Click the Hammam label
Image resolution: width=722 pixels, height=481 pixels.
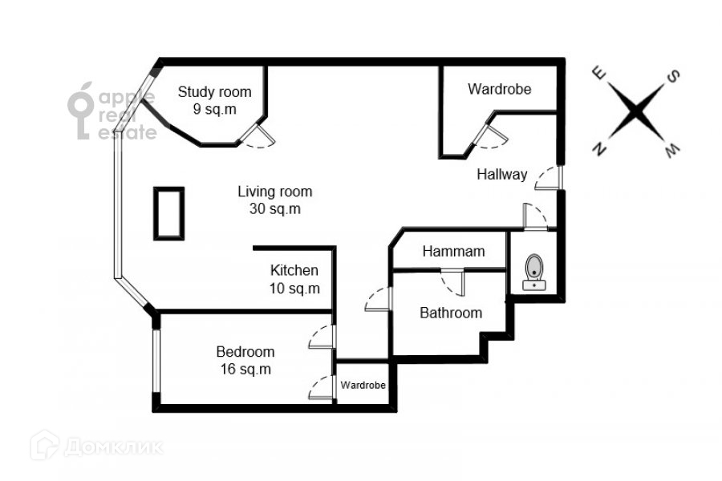coord(453,252)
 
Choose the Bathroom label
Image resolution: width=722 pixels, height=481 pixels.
coord(451,313)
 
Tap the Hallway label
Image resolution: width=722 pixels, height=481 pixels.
coord(501,174)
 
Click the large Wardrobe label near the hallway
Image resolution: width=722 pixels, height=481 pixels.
coord(500,89)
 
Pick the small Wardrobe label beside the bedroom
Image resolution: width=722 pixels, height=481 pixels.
coord(363,386)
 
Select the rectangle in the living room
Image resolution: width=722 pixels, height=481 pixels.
coord(169,212)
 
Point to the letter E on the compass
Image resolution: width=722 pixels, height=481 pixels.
coord(598,73)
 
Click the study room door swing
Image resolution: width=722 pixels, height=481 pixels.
coord(259,138)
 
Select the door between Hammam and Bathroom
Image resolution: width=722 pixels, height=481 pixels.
coord(452,280)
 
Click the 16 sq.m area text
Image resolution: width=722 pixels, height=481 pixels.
coord(245,369)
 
